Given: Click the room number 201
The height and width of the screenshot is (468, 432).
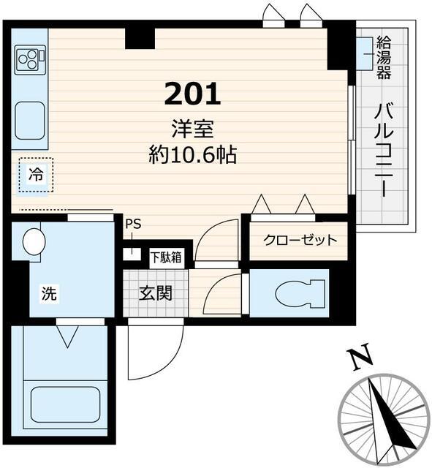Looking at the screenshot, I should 192,94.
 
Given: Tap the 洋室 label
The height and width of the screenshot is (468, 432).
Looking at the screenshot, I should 193,129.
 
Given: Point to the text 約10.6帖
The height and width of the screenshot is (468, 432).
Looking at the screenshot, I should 192,154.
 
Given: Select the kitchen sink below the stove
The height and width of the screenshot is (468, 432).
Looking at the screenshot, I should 30,117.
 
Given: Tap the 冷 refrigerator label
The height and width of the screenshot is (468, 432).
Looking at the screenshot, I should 34,175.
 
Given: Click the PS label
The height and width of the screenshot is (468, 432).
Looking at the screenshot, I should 132,225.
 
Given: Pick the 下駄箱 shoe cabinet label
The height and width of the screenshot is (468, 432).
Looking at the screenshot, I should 167,257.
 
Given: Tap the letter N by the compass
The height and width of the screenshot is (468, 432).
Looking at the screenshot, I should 357,358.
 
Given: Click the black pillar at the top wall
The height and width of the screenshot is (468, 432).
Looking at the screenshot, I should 139,37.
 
